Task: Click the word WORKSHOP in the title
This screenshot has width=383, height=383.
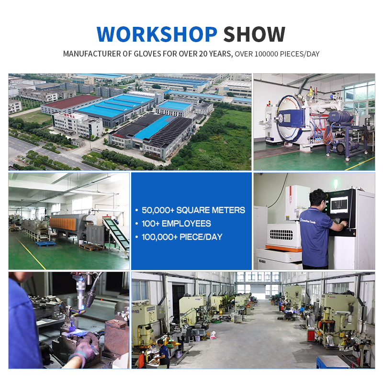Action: pos(157,34)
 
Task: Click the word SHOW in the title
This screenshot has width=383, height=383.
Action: pos(254,34)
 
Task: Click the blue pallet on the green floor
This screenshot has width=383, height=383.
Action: pos(45,243)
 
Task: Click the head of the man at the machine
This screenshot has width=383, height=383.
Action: pos(318,198)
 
